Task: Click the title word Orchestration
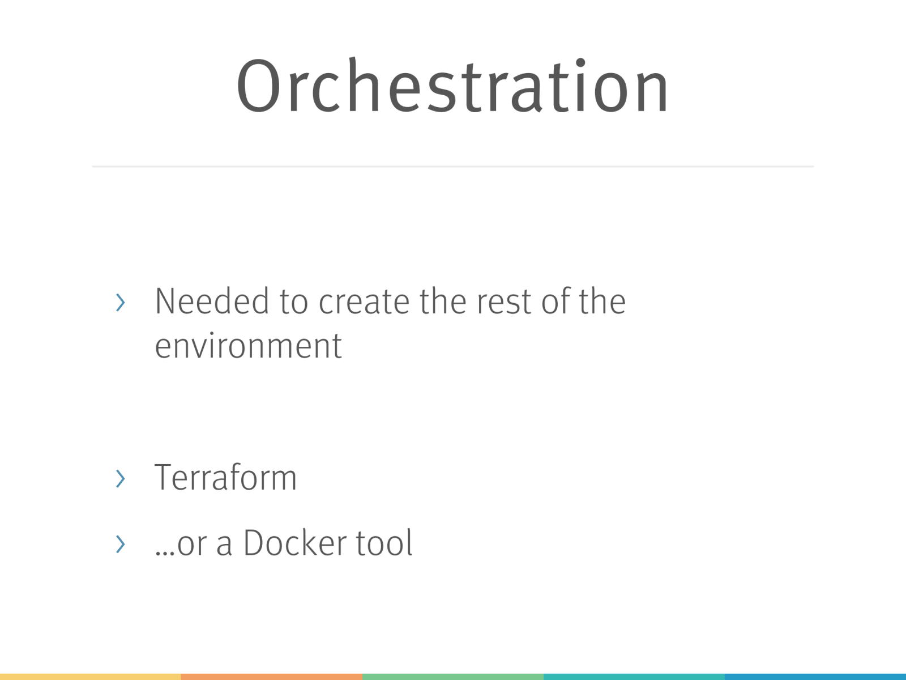click(x=452, y=85)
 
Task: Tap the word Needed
click(x=212, y=301)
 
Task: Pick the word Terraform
click(x=225, y=477)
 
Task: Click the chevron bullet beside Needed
click(x=120, y=302)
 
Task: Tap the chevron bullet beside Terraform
click(x=120, y=478)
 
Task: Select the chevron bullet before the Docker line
click(x=120, y=544)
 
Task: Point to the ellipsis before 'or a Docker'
click(x=165, y=553)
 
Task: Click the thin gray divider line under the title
click(x=453, y=167)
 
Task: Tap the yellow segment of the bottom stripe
click(x=91, y=677)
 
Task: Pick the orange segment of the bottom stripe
click(x=272, y=677)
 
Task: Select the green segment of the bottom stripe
click(x=453, y=677)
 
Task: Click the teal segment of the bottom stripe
click(x=634, y=677)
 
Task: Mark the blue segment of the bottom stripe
click(x=815, y=677)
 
